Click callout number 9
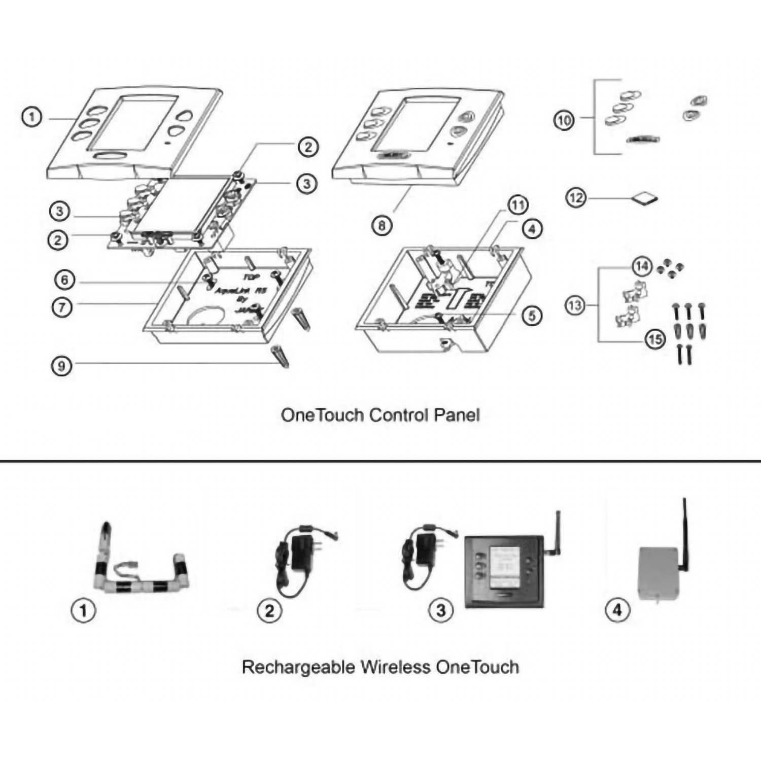(x=61, y=365)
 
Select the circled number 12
(x=575, y=197)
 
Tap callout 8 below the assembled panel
(x=382, y=225)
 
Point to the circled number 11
(x=517, y=205)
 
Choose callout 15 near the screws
(x=654, y=338)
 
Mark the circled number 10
(x=563, y=120)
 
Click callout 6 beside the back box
(x=64, y=280)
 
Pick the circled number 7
(x=62, y=306)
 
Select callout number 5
(x=532, y=316)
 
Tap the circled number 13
(x=575, y=305)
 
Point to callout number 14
(x=642, y=266)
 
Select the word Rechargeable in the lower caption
(x=298, y=667)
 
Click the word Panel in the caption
(x=457, y=415)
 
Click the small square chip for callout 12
(x=645, y=198)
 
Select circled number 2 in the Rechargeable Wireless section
(x=269, y=610)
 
